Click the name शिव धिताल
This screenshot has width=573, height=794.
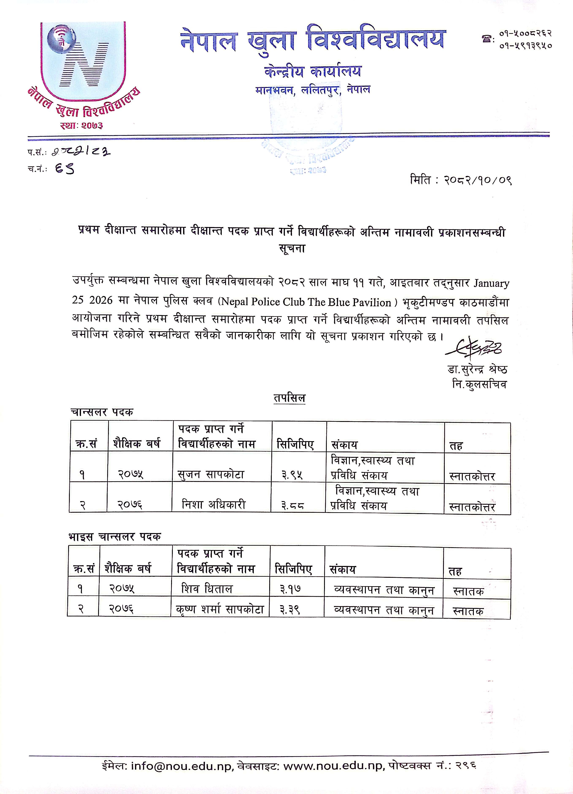207,589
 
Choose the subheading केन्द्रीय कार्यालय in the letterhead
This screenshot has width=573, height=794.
313,72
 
